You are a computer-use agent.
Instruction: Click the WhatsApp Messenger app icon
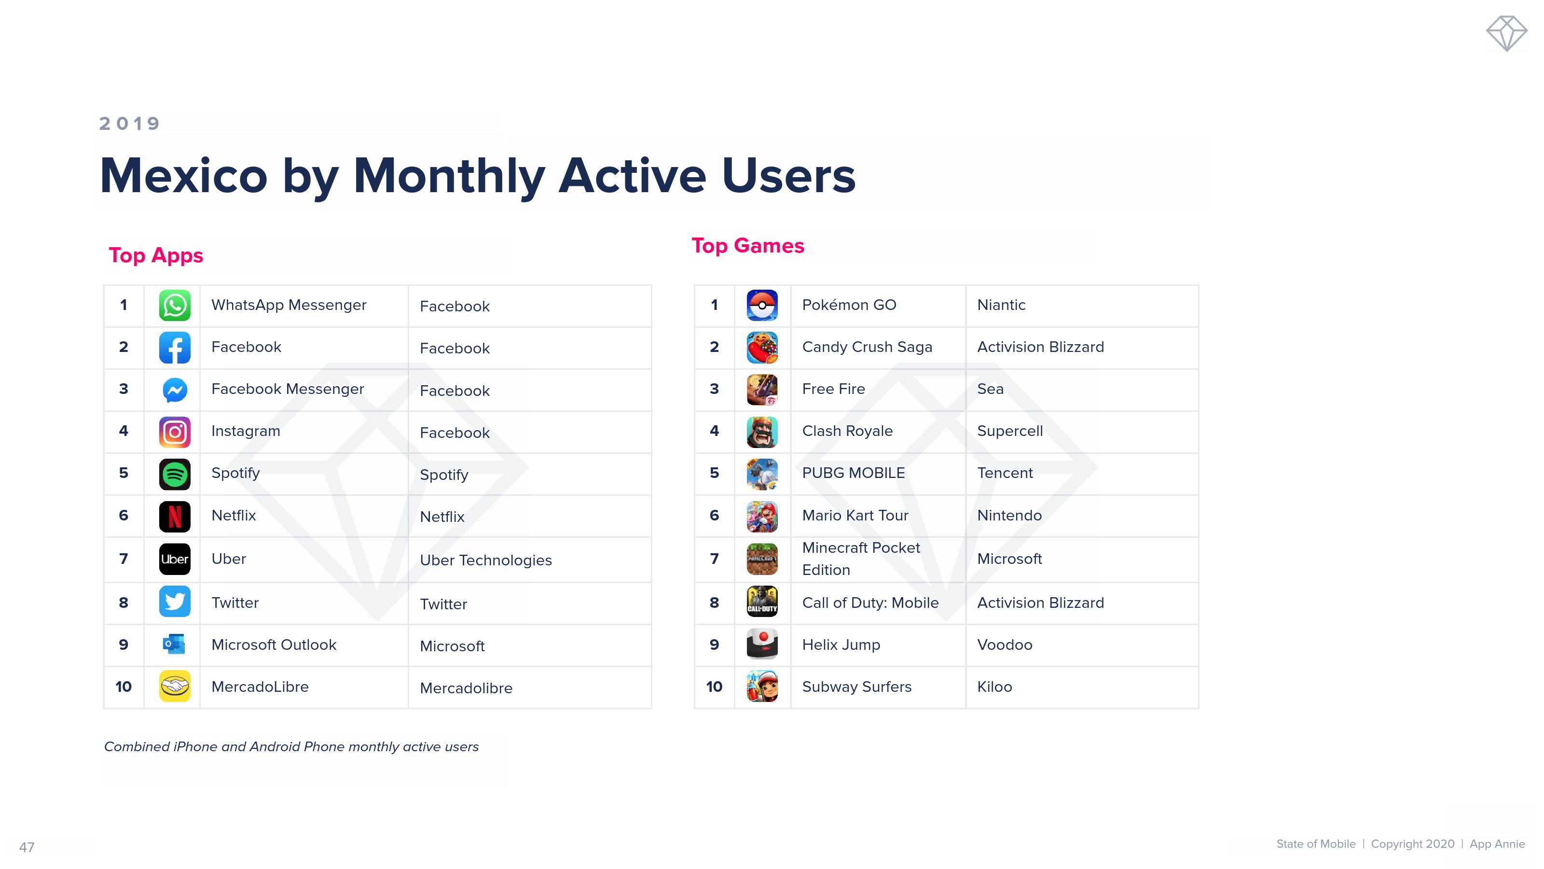174,305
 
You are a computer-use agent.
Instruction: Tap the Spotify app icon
174,474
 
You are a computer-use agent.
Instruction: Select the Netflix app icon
174,516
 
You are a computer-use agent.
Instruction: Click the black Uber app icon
174,559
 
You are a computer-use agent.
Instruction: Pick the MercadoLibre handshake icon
174,686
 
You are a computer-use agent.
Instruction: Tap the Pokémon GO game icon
762,305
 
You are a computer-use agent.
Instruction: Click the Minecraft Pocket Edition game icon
762,559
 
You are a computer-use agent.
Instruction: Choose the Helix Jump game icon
762,644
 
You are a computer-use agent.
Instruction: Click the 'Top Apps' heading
156,255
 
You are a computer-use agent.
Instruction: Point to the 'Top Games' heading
748,246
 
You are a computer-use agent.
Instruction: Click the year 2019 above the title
129,124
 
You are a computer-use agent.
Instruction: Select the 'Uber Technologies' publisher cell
485,560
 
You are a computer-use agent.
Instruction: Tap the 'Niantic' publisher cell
1001,305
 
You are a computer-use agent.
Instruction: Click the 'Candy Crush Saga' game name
867,347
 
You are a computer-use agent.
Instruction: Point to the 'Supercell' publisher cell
1010,431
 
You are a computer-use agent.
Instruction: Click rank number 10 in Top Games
714,687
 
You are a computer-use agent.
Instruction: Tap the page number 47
27,847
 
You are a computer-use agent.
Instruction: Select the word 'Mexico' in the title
183,176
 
